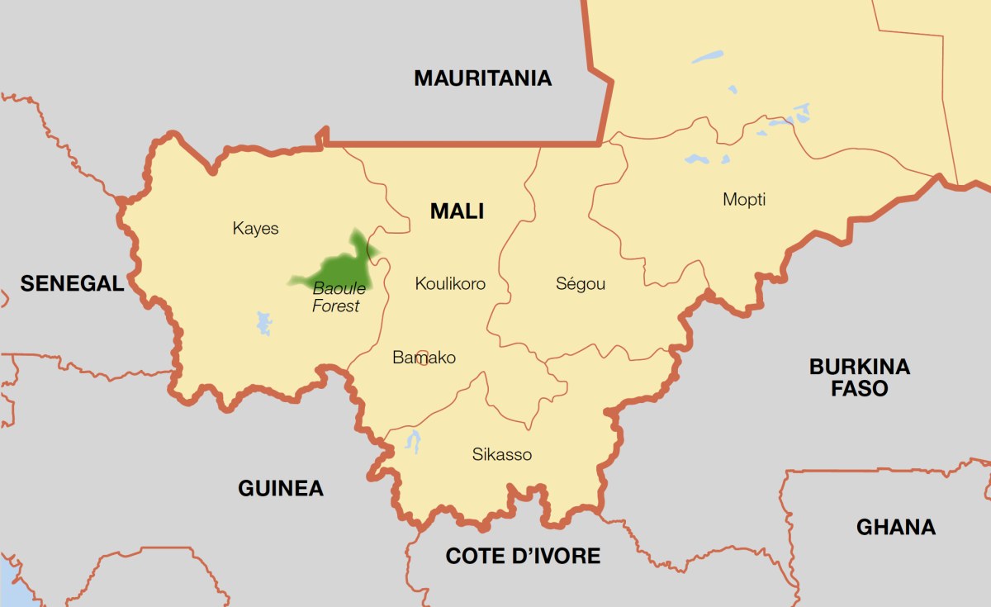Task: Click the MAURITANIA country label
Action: click(x=482, y=78)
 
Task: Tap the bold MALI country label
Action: click(x=457, y=211)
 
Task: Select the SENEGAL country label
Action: click(x=72, y=284)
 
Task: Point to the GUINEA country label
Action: click(x=281, y=488)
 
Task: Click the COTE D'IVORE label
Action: click(x=523, y=556)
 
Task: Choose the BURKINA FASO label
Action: click(x=860, y=377)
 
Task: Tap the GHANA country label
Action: click(x=895, y=527)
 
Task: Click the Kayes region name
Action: click(x=255, y=229)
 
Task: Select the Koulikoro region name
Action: click(x=450, y=284)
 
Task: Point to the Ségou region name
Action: click(x=581, y=284)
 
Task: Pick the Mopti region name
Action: click(x=744, y=199)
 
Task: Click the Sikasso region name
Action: click(x=502, y=454)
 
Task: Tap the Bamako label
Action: click(x=424, y=358)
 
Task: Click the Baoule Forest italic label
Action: click(x=337, y=297)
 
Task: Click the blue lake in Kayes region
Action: click(x=263, y=323)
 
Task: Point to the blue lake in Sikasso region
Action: click(x=413, y=441)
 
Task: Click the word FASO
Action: click(x=860, y=388)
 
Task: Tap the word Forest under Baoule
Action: click(x=336, y=306)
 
